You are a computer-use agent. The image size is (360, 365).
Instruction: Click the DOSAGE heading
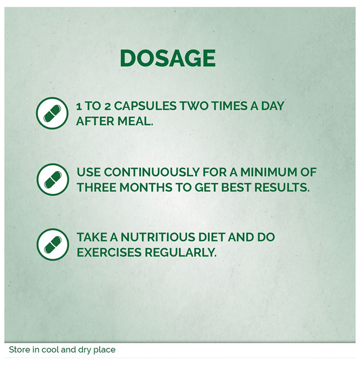(x=167, y=58)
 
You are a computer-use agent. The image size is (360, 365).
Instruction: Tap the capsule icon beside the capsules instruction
(x=52, y=113)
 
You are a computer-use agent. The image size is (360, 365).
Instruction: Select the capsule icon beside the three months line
(x=53, y=179)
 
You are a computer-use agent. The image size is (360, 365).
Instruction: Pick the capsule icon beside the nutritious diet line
(x=53, y=245)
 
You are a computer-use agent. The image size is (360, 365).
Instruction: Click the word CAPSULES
(x=145, y=106)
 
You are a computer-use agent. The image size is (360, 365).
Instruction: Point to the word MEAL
(x=135, y=121)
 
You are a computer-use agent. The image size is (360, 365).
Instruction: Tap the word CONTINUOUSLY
(x=152, y=173)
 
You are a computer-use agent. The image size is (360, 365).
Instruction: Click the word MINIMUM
(x=268, y=173)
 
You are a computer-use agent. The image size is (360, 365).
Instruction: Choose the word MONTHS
(x=146, y=187)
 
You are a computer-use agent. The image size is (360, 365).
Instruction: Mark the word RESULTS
(x=282, y=187)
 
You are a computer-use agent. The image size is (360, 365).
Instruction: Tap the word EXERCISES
(x=109, y=252)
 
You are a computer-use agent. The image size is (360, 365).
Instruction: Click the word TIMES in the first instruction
(x=230, y=106)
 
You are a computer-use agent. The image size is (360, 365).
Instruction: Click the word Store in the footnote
(x=19, y=350)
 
